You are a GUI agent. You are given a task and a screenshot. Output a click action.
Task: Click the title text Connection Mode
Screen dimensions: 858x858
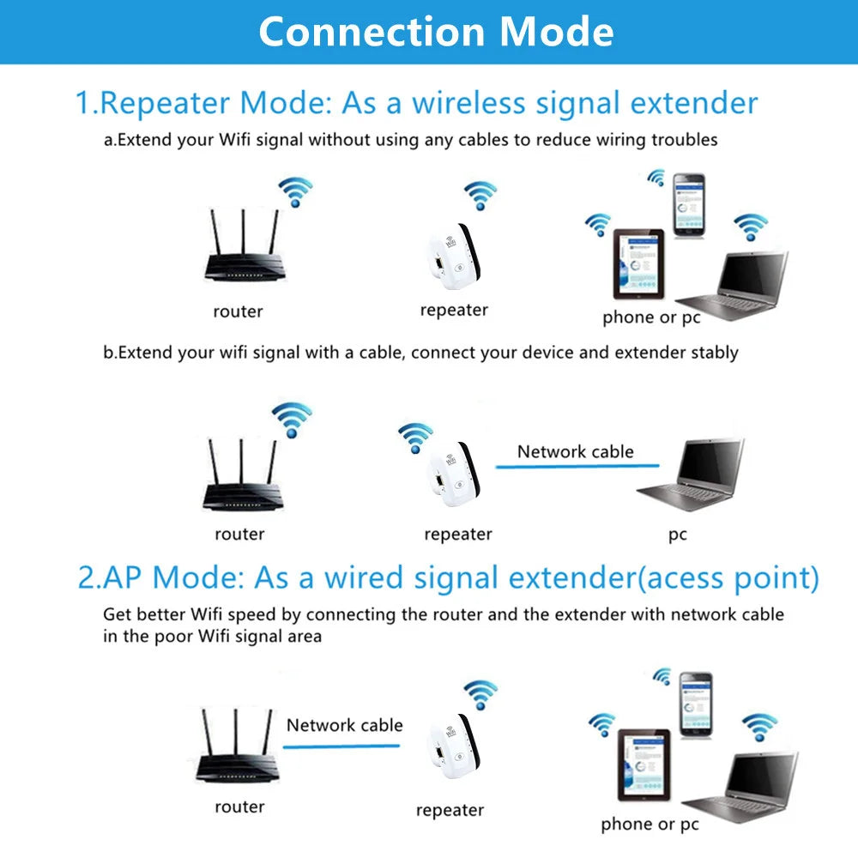click(436, 31)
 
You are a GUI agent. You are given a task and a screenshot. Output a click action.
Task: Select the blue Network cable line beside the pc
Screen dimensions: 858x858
click(577, 467)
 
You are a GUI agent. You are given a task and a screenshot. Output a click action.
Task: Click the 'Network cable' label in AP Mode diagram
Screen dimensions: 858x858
click(344, 725)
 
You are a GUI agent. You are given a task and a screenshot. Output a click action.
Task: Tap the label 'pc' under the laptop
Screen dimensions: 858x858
click(678, 535)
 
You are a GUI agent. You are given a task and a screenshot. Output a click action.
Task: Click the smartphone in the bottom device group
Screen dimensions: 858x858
click(696, 704)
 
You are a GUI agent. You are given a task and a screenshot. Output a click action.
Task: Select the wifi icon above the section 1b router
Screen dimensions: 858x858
click(292, 419)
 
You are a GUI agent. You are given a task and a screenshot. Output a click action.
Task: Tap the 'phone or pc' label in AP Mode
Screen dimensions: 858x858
click(650, 825)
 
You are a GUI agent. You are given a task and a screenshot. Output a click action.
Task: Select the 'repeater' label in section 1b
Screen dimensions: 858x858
click(457, 535)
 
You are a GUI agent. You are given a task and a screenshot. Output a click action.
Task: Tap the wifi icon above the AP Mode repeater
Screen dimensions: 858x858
click(480, 694)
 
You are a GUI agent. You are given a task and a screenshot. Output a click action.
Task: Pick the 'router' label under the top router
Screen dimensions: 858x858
click(238, 311)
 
